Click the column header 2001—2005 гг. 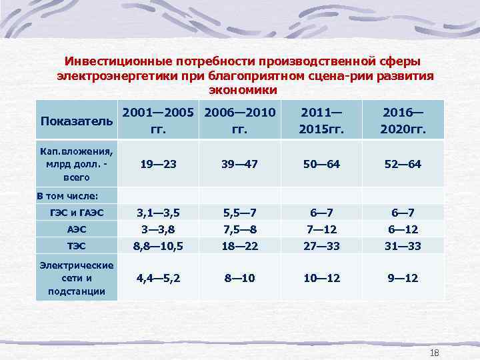pyautogui.click(x=159, y=121)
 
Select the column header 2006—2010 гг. pyautogui.click(x=239, y=121)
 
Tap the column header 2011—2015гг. pyautogui.click(x=321, y=121)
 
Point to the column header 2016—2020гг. pyautogui.click(x=402, y=121)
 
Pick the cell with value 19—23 pyautogui.click(x=159, y=164)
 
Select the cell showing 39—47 pyautogui.click(x=239, y=164)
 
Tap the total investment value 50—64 pyautogui.click(x=321, y=164)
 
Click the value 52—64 pyautogui.click(x=402, y=164)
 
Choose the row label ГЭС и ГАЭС pyautogui.click(x=76, y=213)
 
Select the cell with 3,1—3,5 pyautogui.click(x=159, y=213)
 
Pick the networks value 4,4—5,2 pyautogui.click(x=159, y=278)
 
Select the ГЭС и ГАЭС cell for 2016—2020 pyautogui.click(x=402, y=213)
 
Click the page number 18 pyautogui.click(x=435, y=352)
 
